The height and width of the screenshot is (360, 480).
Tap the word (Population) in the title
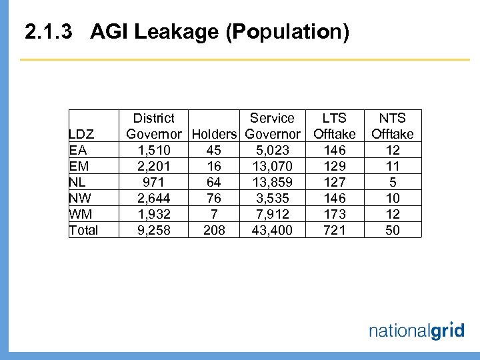287,32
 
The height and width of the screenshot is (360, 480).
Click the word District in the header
153,118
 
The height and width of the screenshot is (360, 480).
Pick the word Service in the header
272,118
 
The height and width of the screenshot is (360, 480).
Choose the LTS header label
334,118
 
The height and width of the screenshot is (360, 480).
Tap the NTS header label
393,118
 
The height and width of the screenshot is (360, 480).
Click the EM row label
79,166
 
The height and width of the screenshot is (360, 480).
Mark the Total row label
84,230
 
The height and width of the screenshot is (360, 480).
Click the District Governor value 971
153,182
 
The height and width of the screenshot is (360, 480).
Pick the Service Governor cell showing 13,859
272,182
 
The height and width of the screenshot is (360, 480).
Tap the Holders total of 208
214,230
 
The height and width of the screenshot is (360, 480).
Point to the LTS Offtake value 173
334,214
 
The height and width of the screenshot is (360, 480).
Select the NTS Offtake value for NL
393,182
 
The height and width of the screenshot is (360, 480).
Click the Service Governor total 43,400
272,230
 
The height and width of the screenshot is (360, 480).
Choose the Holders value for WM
214,214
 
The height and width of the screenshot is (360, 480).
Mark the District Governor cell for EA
153,150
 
